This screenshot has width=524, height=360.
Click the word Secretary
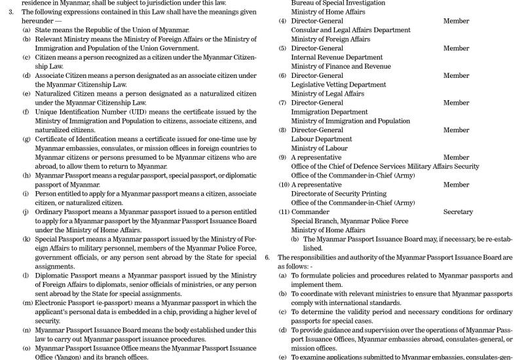click(x=458, y=212)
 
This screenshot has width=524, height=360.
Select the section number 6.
click(x=267, y=258)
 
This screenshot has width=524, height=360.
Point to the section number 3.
click(x=11, y=12)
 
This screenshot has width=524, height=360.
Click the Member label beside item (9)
click(x=456, y=158)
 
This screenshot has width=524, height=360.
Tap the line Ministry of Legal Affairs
click(x=327, y=94)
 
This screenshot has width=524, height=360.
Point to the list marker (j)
click(x=26, y=212)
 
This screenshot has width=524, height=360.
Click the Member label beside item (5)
click(x=456, y=48)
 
